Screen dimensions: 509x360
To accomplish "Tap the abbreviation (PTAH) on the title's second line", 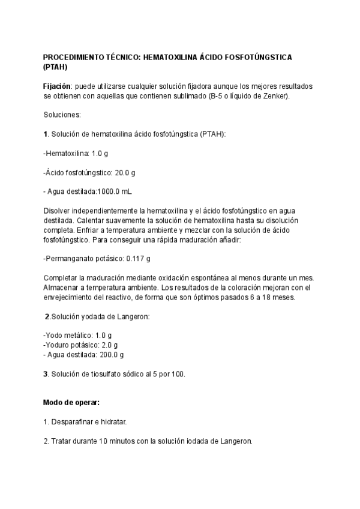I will [56, 67].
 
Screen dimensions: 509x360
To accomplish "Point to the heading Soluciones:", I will [62, 115].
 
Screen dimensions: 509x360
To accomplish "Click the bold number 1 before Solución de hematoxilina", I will [46, 134].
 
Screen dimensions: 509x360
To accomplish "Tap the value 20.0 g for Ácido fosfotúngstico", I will [125, 172].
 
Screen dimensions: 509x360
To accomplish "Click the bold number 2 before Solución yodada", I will [47, 316].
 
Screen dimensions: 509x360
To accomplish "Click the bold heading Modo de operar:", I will [71, 402].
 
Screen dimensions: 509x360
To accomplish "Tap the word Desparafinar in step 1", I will [72, 422].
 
